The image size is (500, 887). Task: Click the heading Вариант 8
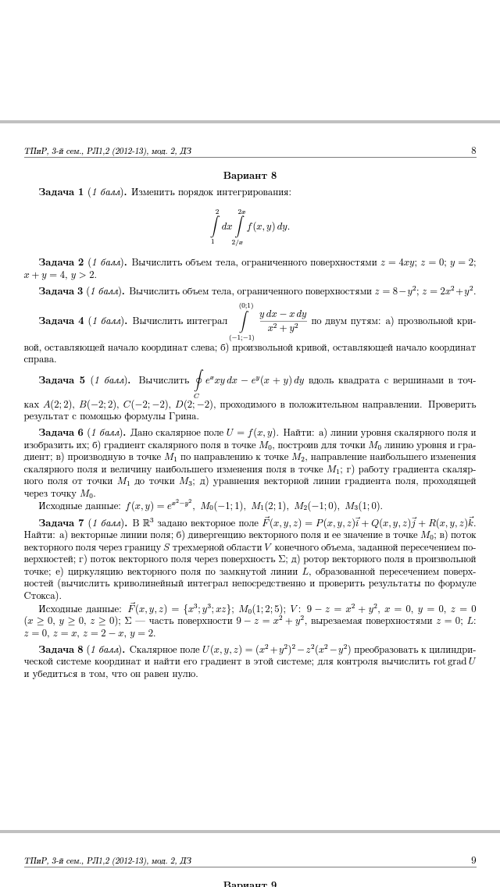point(249,176)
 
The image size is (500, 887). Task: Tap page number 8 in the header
point(473,151)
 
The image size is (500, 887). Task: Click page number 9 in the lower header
point(473,860)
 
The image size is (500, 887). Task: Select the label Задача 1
point(61,192)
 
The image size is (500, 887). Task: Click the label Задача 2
point(61,262)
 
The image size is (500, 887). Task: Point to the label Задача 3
point(61,291)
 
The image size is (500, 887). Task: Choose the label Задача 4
point(61,321)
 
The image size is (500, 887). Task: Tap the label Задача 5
point(62,381)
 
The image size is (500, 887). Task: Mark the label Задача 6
point(61,433)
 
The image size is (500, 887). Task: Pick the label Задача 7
point(61,523)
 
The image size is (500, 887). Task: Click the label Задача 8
point(61,650)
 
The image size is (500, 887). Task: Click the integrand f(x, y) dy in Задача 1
point(268,227)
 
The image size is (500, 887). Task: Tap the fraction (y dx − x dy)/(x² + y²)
point(283,321)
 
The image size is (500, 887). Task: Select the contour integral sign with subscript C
point(199,382)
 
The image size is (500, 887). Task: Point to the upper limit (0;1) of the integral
point(245,305)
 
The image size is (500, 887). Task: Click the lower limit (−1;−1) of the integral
point(241,337)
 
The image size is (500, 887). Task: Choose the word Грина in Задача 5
point(185,416)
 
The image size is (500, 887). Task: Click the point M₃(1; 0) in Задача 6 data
point(363,506)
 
